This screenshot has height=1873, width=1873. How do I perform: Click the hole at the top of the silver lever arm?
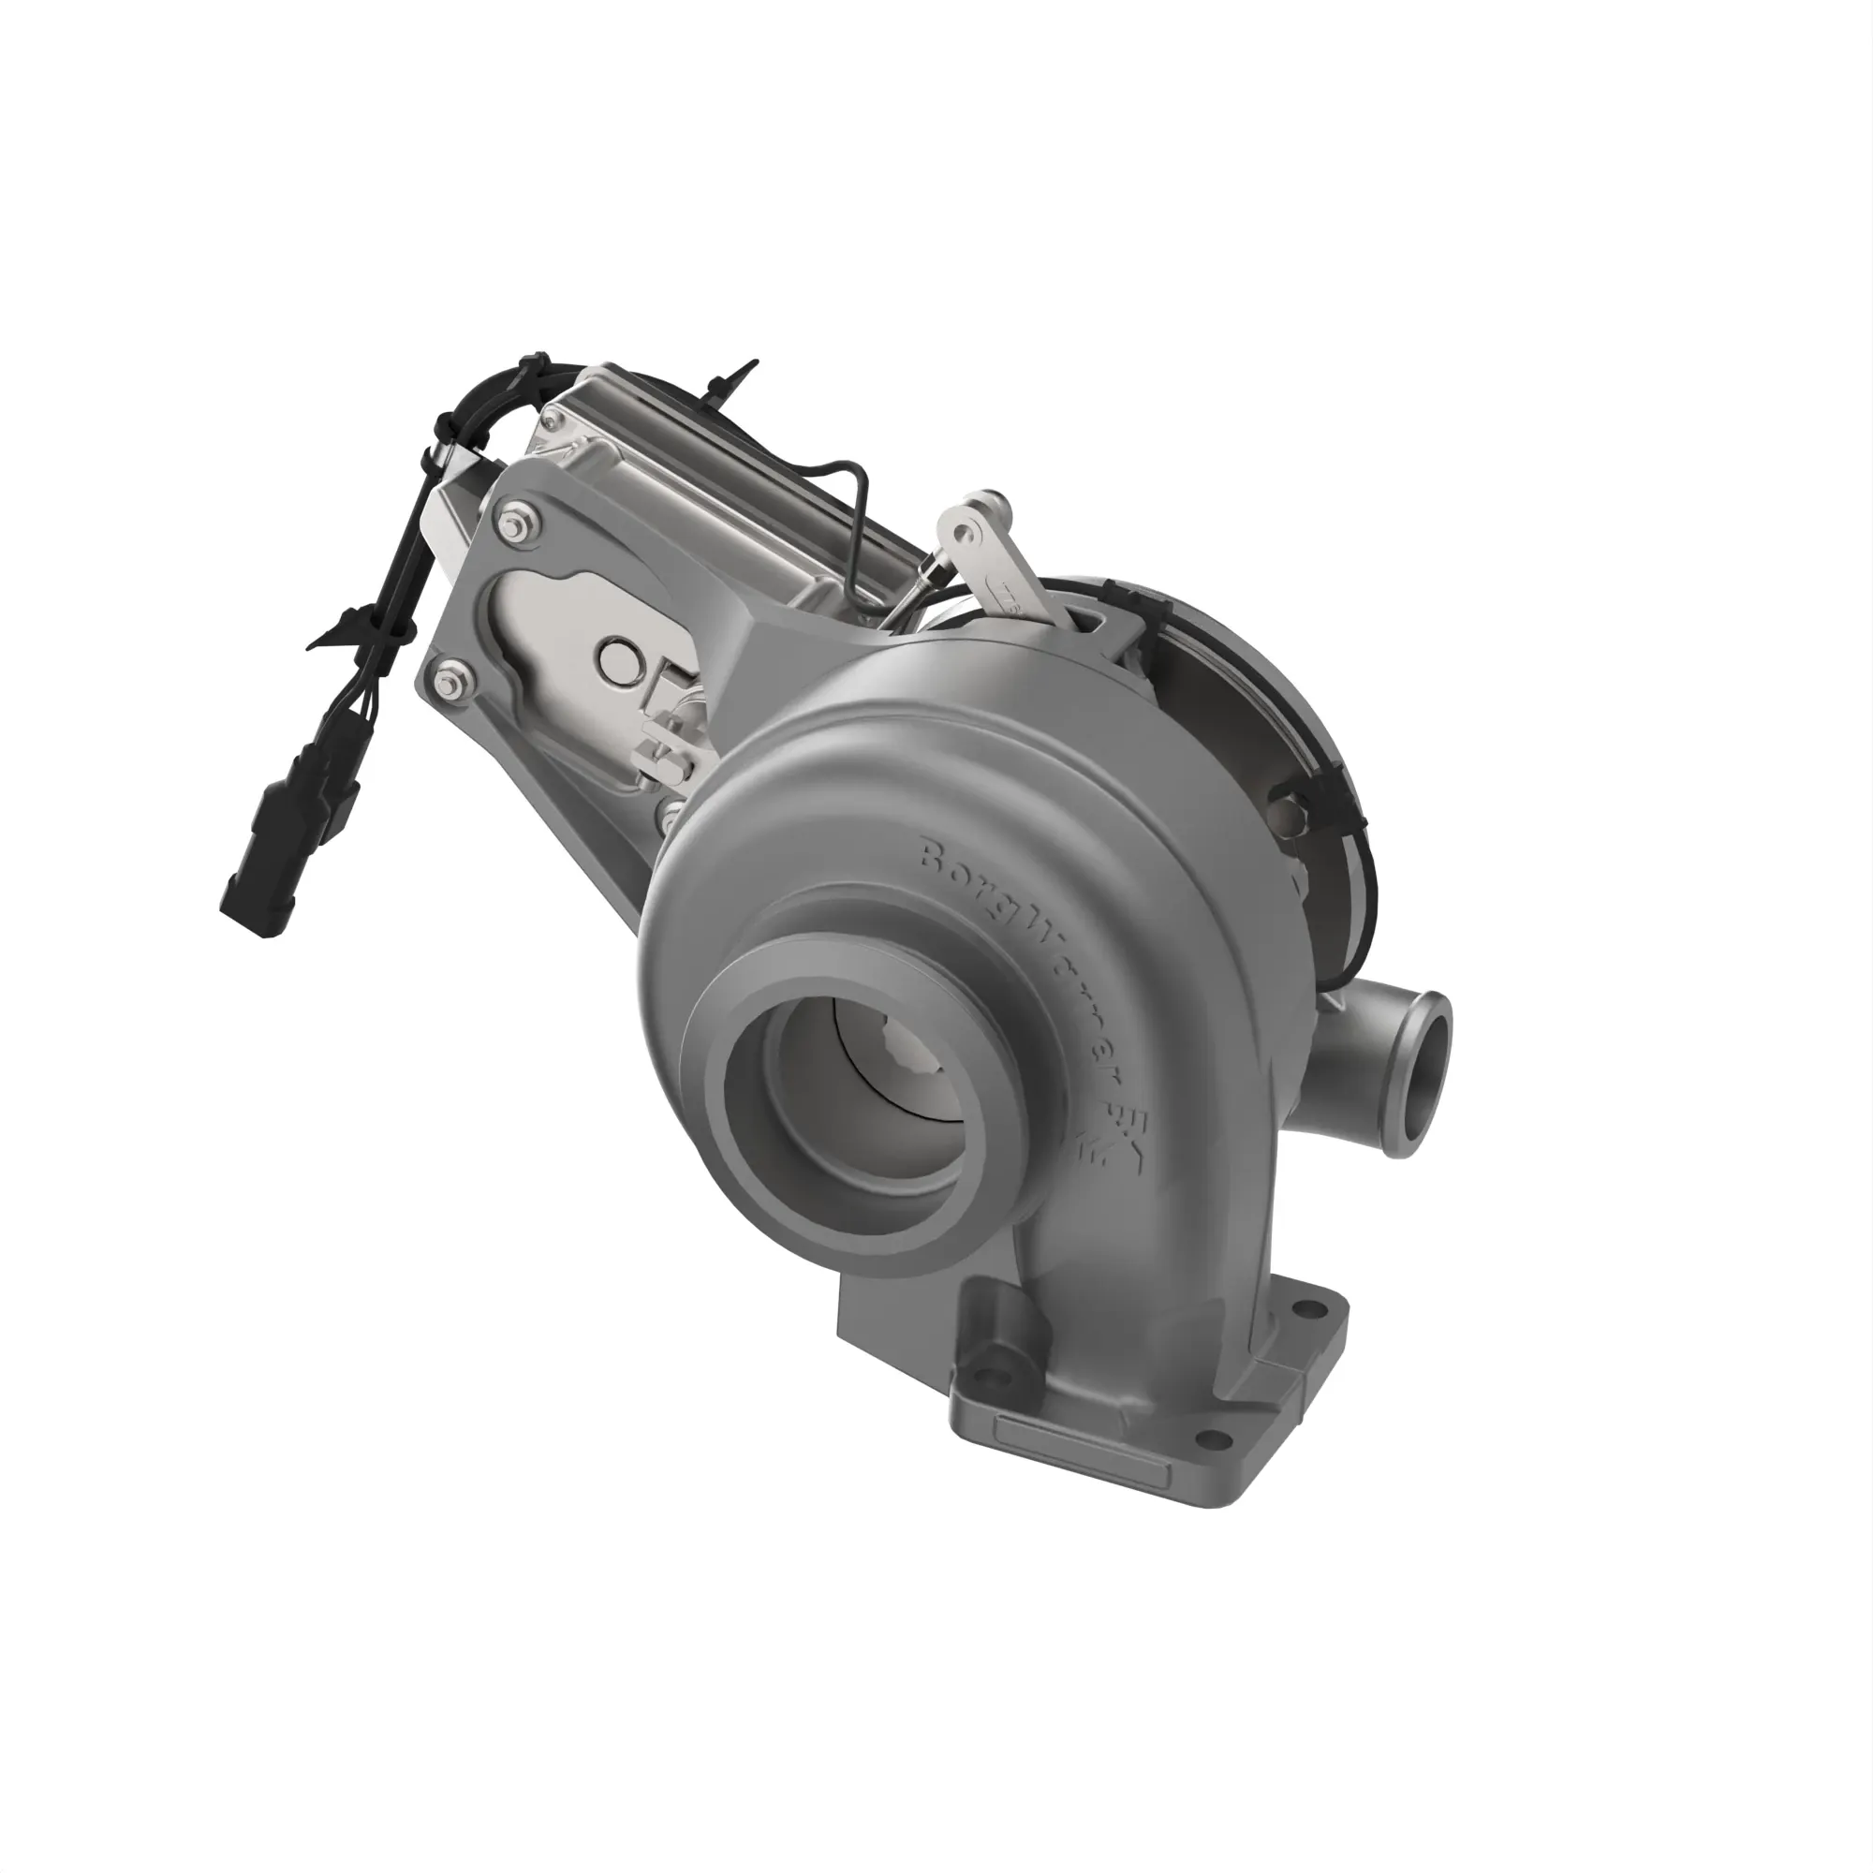964,532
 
